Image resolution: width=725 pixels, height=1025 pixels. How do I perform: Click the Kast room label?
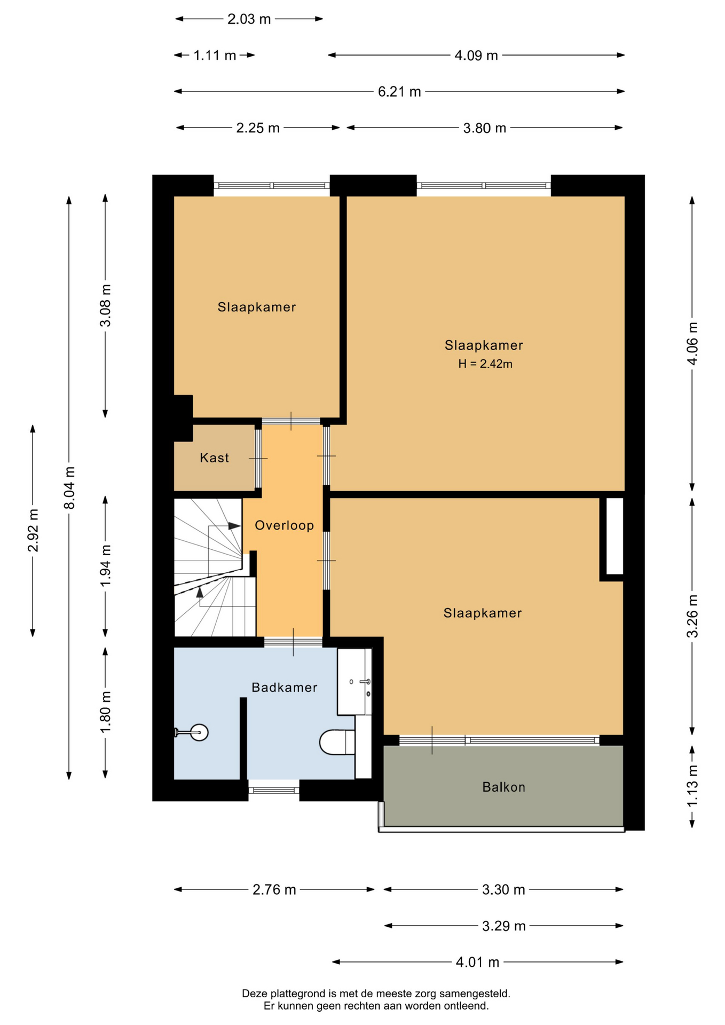[214, 458]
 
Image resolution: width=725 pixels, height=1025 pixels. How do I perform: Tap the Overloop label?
[284, 525]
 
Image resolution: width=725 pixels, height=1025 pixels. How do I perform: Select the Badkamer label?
[285, 687]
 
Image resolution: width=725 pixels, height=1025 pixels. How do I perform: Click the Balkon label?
[503, 787]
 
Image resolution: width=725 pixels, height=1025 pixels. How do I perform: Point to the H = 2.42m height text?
[485, 364]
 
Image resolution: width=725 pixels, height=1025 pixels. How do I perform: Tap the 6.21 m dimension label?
[399, 92]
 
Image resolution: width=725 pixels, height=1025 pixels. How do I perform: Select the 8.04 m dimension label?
[69, 487]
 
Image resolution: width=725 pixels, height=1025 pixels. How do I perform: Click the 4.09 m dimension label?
[476, 56]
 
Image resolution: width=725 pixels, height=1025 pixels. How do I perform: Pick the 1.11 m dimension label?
[215, 56]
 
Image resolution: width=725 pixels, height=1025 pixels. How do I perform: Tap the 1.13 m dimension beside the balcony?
[692, 786]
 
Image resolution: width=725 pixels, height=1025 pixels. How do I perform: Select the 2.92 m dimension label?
[33, 531]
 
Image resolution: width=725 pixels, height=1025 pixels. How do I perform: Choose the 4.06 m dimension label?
[692, 343]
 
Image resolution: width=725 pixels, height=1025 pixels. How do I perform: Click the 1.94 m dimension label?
[106, 565]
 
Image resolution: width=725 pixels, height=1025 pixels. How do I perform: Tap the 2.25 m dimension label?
[258, 128]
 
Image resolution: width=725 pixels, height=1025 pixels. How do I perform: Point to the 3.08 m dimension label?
[106, 305]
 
